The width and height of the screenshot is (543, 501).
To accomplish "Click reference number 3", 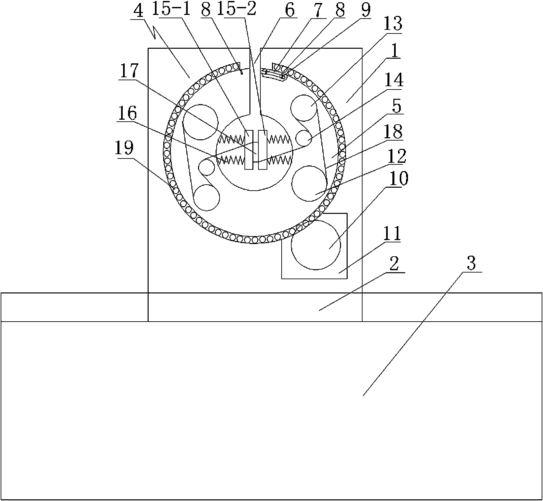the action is click(x=470, y=264).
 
